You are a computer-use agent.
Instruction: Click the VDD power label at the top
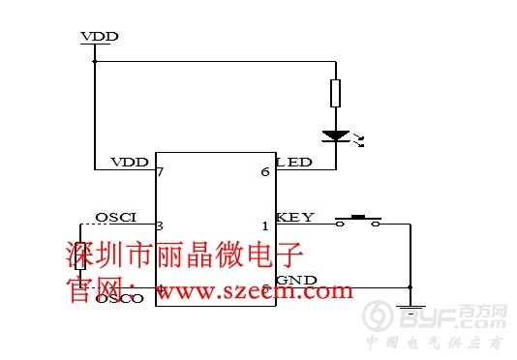click(100, 36)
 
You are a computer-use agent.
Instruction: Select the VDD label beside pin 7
click(129, 161)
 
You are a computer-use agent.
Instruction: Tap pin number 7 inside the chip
click(161, 171)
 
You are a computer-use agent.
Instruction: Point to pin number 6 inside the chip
click(265, 171)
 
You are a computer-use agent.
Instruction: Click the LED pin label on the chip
click(295, 161)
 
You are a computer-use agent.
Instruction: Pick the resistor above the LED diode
click(335, 93)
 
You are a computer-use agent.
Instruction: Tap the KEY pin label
click(294, 216)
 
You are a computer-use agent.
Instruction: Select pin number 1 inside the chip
click(265, 226)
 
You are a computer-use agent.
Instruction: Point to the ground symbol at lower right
click(411, 310)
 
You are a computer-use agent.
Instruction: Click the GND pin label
click(296, 280)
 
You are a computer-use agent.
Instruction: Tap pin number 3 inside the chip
click(161, 225)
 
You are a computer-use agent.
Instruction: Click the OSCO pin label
click(120, 299)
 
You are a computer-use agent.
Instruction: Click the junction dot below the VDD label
click(95, 61)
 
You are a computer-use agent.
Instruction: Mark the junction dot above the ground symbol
click(411, 287)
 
